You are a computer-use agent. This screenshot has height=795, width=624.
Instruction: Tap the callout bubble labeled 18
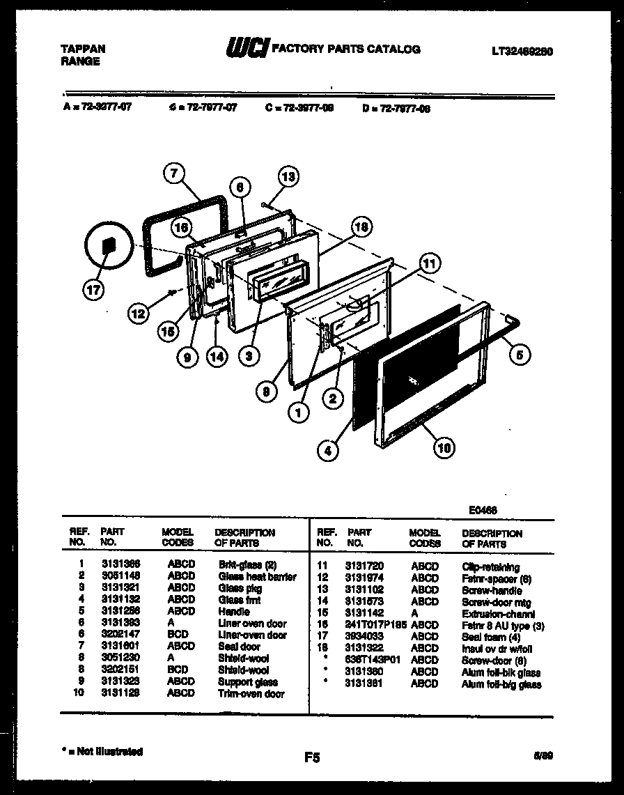[x=360, y=226]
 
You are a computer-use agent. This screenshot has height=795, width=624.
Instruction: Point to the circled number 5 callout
[x=518, y=355]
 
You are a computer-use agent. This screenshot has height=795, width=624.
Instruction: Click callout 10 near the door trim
[x=443, y=448]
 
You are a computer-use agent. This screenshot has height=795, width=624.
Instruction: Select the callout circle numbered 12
[x=139, y=314]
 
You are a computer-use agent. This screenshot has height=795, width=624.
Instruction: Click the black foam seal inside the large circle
[x=107, y=246]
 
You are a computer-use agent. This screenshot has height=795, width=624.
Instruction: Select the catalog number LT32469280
[x=522, y=50]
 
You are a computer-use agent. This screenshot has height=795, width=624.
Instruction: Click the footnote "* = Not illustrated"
[x=102, y=752]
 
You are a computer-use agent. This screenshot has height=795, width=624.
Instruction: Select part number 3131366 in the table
[x=120, y=565]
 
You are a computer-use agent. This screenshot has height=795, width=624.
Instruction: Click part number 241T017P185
[x=373, y=625]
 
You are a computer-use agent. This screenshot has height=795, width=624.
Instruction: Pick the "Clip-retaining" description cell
[x=490, y=567]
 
